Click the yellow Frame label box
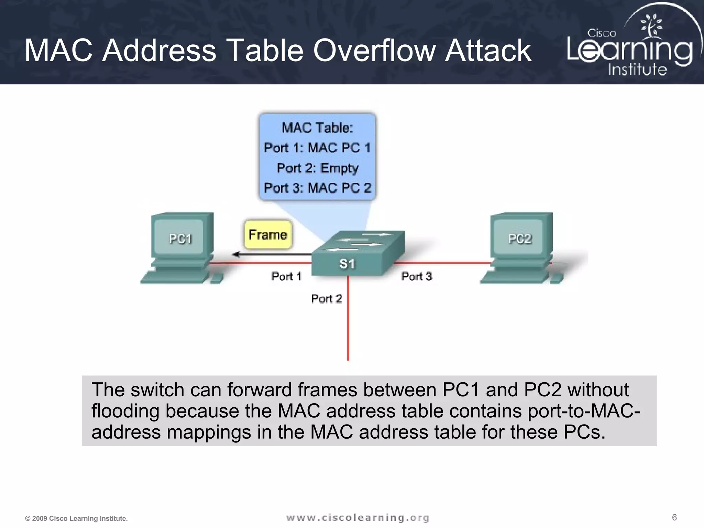268,235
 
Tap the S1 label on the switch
346,264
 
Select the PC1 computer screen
180,238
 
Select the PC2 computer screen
520,238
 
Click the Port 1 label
286,276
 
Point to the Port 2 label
326,298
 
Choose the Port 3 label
416,276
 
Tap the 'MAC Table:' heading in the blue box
317,128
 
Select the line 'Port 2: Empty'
317,168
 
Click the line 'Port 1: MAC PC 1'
317,148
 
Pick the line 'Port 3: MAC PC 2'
317,188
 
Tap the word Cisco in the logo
602,33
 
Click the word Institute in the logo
637,69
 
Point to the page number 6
674,517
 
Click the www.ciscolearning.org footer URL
358,518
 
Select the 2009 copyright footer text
76,518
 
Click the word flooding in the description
125,411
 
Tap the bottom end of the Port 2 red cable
348,359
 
